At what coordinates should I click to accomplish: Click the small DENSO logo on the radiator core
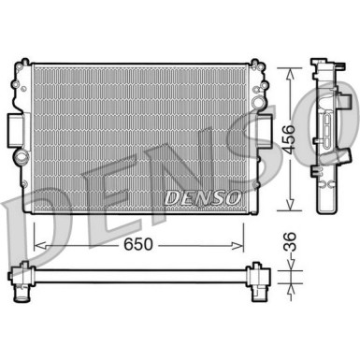click(202, 197)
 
